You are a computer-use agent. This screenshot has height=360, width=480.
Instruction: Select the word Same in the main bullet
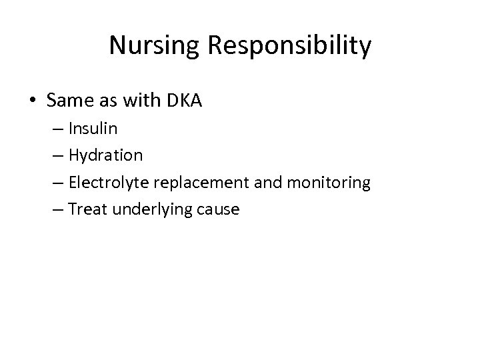68,101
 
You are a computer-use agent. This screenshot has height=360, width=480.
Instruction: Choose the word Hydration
105,156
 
